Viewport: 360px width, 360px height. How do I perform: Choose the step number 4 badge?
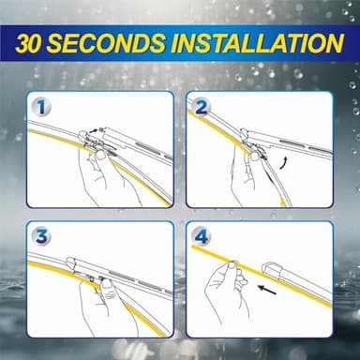tap(201, 235)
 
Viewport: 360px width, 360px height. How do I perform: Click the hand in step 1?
tap(103, 173)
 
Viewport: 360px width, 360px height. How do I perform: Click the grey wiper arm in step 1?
tap(141, 150)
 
